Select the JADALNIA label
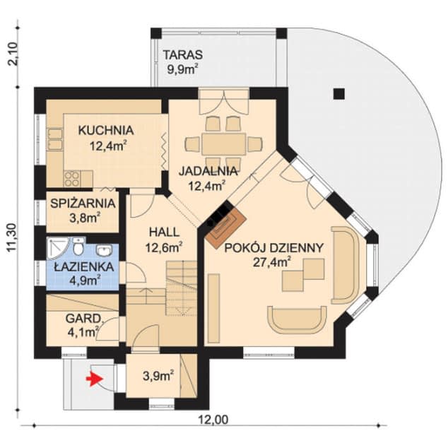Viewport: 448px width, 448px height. coord(208,171)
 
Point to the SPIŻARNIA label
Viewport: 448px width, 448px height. coord(83,204)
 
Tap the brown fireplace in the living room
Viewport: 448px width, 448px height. coord(224,225)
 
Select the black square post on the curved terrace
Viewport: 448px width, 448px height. coord(338,93)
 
